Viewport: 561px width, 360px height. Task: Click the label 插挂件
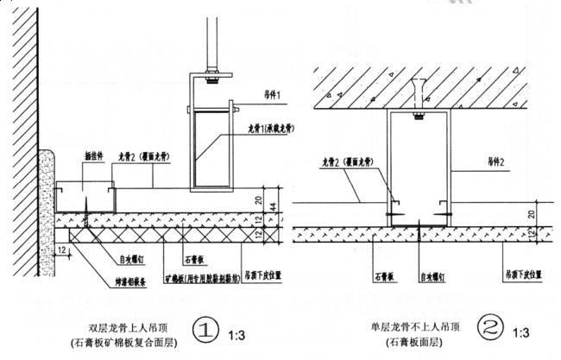[93, 158]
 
